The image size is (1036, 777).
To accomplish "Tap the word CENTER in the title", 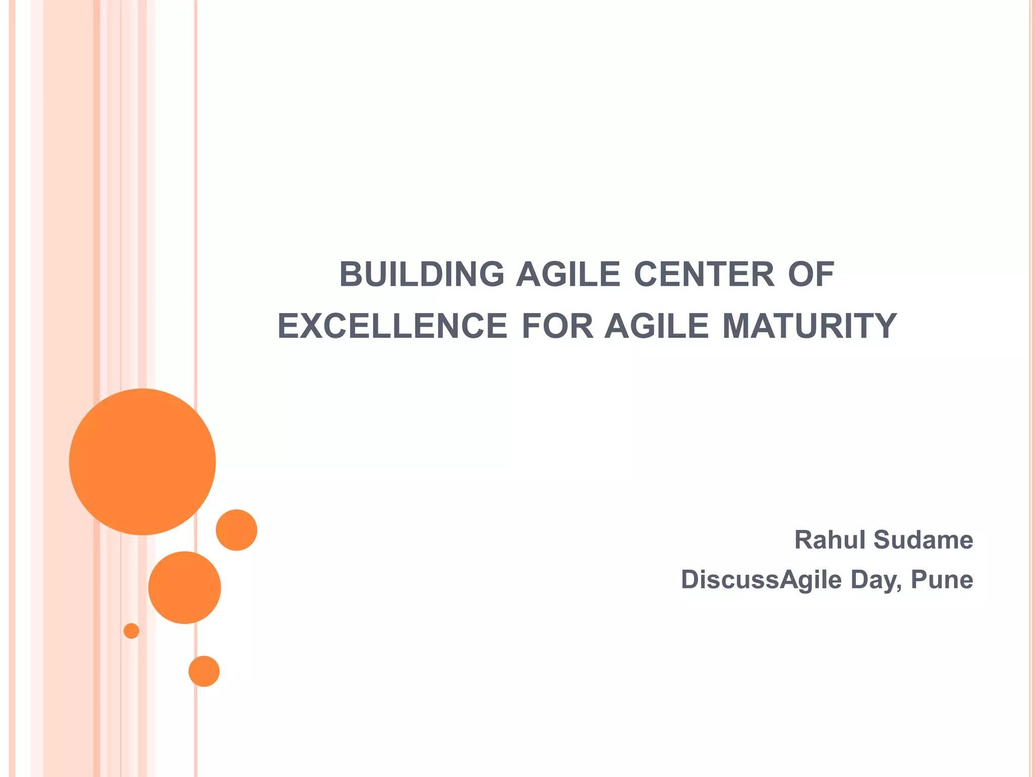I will tap(704, 275).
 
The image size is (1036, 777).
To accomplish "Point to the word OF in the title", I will tap(811, 275).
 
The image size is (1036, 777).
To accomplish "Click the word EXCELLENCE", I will tap(392, 326).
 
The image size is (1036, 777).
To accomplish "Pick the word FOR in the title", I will tap(557, 326).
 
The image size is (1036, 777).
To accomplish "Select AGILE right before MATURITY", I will tap(657, 326).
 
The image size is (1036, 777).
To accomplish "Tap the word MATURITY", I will tap(809, 326).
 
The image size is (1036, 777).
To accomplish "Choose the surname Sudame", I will tap(923, 540).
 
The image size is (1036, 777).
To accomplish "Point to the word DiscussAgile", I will tap(761, 580).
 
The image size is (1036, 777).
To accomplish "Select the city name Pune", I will tap(942, 580).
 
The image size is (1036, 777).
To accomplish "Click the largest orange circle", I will tap(143, 461).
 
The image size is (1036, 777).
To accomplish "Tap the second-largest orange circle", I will tap(185, 587).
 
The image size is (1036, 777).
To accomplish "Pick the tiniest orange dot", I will tap(132, 631).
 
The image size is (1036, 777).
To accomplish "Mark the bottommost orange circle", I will tap(204, 671).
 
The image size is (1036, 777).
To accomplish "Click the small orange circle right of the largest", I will tap(236, 530).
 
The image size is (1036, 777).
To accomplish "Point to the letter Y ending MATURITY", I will tap(886, 326).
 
